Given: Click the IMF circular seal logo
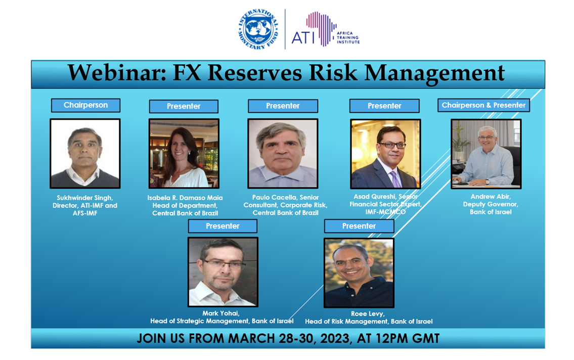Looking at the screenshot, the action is (258, 29).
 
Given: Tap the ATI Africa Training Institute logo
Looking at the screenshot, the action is (326, 29).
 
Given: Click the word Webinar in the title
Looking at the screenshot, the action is (117, 72).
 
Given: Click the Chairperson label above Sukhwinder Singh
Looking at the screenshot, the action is (85, 105).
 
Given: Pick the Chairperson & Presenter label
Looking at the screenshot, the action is (483, 105).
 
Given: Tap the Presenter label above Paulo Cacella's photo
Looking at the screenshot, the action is (283, 106).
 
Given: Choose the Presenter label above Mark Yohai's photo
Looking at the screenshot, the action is (223, 226).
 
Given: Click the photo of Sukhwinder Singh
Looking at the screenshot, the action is (85, 154).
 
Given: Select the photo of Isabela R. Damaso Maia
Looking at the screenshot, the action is (184, 154).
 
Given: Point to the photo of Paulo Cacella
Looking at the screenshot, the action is (283, 154).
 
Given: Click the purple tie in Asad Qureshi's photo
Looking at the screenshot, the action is (395, 179).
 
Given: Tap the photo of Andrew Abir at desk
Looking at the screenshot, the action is (486, 154).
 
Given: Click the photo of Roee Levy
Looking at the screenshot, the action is (359, 273).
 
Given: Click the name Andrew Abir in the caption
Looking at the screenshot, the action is (491, 197).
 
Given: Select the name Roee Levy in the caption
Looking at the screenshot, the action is (368, 314).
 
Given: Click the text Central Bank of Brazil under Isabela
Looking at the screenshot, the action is (185, 213).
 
